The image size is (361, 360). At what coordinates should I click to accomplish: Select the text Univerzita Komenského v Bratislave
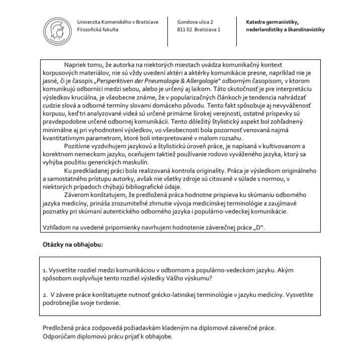click(118, 22)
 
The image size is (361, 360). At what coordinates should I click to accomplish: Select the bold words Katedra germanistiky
click(273, 22)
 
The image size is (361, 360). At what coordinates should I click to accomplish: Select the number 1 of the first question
click(44, 270)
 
